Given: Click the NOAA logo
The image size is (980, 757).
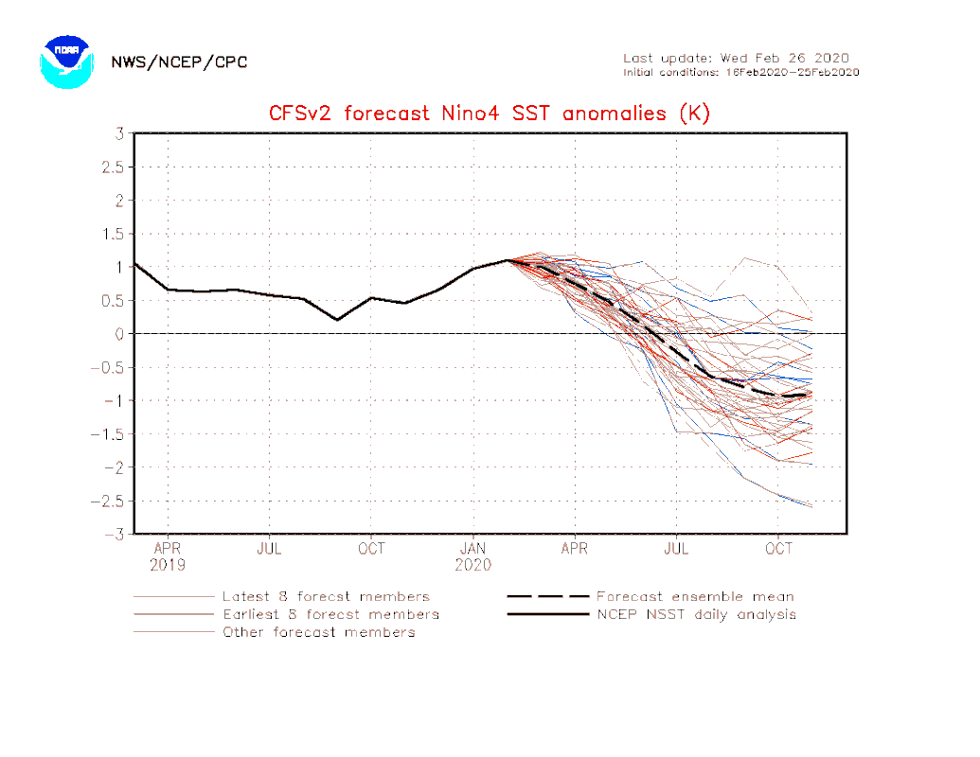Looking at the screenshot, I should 66,62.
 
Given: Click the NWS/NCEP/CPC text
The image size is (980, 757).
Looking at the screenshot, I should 179,62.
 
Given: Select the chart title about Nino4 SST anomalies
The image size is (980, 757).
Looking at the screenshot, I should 489,114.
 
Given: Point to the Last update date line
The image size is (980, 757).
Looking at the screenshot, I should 736,58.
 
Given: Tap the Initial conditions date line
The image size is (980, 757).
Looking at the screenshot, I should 740,72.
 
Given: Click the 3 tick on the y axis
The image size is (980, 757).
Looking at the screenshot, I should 120,133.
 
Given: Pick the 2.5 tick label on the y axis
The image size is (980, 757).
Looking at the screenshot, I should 113,167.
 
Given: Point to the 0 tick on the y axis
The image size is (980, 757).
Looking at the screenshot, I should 120,334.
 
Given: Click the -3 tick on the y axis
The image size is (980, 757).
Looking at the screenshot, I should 116,535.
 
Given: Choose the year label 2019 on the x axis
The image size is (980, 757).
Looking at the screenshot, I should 168,565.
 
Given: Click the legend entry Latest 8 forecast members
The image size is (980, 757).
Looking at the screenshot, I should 326,597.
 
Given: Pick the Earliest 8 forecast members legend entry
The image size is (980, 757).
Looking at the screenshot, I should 330,614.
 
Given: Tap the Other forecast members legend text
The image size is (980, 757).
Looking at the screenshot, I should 318,632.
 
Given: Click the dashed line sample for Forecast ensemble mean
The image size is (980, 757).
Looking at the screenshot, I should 547,597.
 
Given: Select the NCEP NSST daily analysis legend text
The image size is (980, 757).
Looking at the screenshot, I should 696,614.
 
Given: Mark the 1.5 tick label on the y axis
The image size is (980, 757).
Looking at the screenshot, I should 113,234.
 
